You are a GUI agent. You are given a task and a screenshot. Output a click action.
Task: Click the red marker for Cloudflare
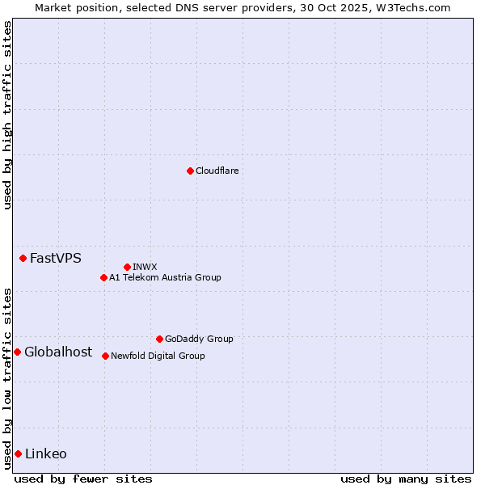tap(190, 171)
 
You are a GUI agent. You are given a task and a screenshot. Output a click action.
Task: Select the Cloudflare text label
tap(217, 171)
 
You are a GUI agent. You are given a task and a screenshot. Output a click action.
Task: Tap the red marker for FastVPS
tap(23, 258)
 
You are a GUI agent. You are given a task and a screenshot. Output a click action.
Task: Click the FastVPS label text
tap(55, 259)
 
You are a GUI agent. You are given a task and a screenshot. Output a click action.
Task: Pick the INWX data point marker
tap(127, 267)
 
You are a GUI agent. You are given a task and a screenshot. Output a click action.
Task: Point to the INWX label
tap(145, 267)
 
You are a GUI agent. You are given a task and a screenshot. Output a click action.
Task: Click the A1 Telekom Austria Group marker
tap(103, 277)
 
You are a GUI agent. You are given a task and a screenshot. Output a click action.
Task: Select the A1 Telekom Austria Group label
tap(165, 277)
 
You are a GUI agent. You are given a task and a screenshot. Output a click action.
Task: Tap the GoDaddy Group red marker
tap(159, 339)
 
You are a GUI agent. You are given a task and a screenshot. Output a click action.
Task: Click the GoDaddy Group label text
tap(199, 339)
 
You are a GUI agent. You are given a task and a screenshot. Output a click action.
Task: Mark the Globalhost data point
tap(17, 352)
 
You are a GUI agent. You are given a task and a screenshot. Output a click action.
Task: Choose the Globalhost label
tap(58, 352)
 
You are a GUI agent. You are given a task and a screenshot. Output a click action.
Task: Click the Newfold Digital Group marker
tap(105, 356)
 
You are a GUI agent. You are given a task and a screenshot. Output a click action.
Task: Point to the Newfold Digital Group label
tap(158, 356)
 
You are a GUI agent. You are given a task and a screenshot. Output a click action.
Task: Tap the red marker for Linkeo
tap(18, 453)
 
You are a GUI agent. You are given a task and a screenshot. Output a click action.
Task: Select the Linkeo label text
tap(46, 453)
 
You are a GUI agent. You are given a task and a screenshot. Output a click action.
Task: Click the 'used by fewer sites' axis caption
tap(83, 479)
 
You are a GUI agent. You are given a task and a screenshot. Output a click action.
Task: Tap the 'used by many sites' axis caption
tap(406, 479)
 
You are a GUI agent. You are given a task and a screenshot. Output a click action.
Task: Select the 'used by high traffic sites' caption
tap(7, 115)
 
